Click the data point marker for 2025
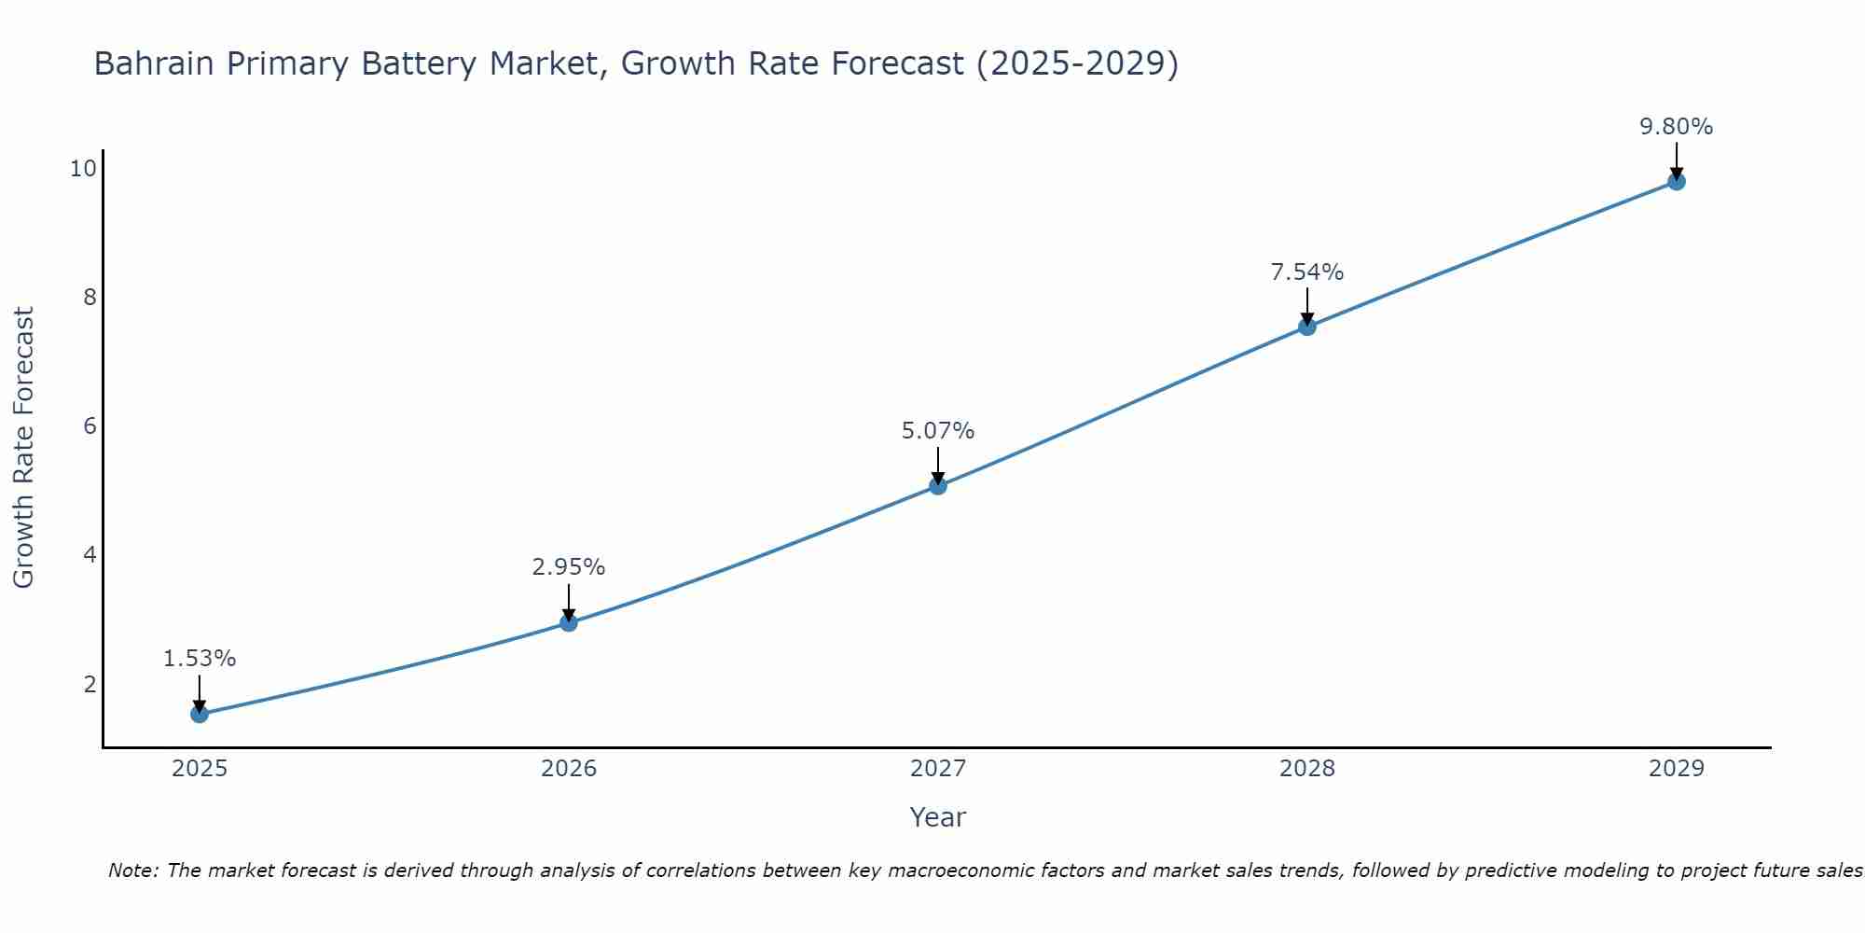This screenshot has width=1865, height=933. point(200,714)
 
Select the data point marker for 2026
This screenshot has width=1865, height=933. point(569,622)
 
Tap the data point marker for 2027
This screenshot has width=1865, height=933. point(938,485)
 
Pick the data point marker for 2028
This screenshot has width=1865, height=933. point(1307,327)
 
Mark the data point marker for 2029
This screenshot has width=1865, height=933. point(1677,181)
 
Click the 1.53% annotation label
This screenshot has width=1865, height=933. point(200,659)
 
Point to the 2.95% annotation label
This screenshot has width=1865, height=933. point(569,567)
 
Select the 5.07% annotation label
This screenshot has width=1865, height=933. point(938,431)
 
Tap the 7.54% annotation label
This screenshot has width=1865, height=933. point(1307,272)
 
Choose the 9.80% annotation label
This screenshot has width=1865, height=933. point(1677,127)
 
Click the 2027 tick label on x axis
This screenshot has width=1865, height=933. point(938,769)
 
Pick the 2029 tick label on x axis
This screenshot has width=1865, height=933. point(1677,769)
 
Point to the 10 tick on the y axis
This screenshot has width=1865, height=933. point(83,169)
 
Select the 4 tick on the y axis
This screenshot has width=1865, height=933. point(90,555)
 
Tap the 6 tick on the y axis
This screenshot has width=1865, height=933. point(90,426)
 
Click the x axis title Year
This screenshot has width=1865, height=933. point(938,817)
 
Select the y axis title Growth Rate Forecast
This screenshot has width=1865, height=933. point(24,448)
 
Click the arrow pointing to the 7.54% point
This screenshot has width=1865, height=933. point(1307,306)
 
